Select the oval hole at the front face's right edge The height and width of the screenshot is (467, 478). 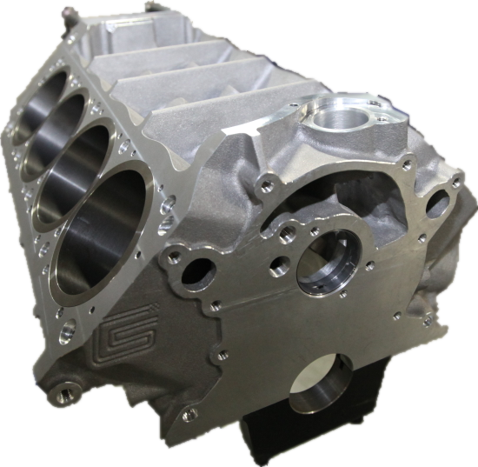click(x=438, y=204)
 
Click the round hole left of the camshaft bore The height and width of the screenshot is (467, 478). click(x=199, y=272)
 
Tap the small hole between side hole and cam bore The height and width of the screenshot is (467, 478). click(x=279, y=268)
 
